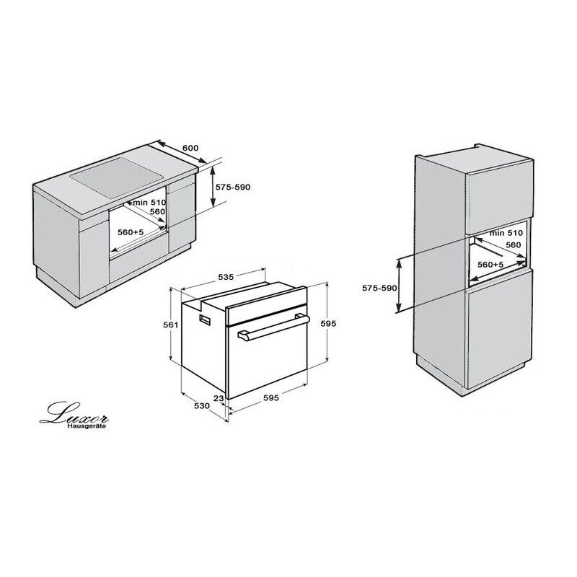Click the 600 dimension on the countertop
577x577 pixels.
(x=190, y=148)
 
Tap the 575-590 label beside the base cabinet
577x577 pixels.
(x=232, y=187)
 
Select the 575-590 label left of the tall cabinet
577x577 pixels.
(x=379, y=288)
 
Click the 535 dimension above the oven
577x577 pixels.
(x=226, y=277)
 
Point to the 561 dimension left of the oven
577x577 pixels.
(x=171, y=325)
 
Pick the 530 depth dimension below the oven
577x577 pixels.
(x=202, y=406)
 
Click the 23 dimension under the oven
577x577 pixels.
(x=219, y=398)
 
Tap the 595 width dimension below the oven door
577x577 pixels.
(x=271, y=397)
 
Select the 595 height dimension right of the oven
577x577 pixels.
(x=328, y=323)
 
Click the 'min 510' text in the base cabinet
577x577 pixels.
(x=150, y=203)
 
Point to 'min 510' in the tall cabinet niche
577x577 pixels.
(x=506, y=233)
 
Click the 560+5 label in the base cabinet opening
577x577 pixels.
(x=131, y=232)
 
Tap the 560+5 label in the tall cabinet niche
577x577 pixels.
(x=490, y=264)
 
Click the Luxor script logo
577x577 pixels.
(x=74, y=413)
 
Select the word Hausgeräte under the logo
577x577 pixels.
(x=87, y=426)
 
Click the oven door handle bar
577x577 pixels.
(x=273, y=327)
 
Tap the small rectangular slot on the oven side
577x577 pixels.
(x=206, y=320)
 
